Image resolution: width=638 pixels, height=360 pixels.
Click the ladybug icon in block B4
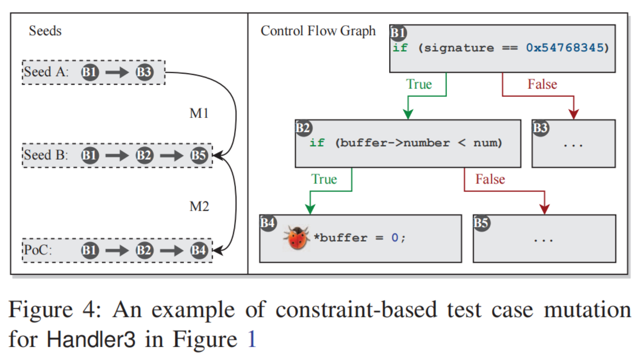[x=296, y=238]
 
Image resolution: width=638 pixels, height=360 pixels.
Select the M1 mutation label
[x=199, y=113]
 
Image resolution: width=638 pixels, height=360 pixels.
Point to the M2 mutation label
[x=199, y=206]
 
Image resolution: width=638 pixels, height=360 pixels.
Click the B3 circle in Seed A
[x=144, y=72]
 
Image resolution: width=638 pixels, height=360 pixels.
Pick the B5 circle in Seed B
[x=199, y=156]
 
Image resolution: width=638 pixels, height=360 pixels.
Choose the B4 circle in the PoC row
[x=199, y=250]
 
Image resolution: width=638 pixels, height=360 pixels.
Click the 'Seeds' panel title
[x=45, y=31]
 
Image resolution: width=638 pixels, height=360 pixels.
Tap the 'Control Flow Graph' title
[x=318, y=31]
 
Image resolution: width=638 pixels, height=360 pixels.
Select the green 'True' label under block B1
[x=419, y=84]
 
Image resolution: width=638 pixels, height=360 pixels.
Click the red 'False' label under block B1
[x=542, y=84]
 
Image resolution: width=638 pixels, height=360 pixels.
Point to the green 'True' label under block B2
[x=324, y=179]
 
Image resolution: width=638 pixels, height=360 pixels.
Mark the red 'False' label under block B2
[x=490, y=179]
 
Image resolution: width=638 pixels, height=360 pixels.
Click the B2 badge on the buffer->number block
[x=303, y=128]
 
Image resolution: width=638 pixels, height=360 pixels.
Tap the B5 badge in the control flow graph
[x=481, y=223]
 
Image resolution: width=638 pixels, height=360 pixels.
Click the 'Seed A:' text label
[x=45, y=72]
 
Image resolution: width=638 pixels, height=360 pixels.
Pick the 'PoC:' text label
[x=38, y=250]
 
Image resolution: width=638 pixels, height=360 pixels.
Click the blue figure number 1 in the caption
[x=251, y=339]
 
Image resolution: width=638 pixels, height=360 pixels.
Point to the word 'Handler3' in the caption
[x=91, y=339]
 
